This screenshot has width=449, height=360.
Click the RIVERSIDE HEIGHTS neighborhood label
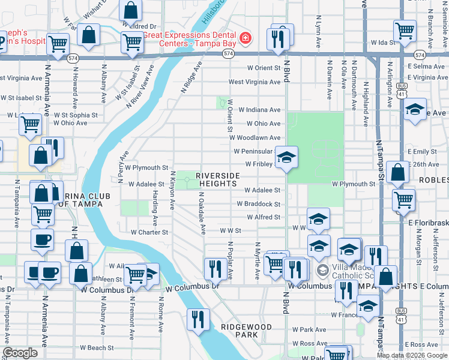click(218, 179)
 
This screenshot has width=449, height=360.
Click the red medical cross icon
click(245, 39)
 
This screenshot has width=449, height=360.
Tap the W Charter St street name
click(149, 232)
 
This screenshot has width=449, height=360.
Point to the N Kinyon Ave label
click(172, 190)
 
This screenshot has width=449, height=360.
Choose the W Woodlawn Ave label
click(256, 137)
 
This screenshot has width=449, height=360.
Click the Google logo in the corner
click(20, 353)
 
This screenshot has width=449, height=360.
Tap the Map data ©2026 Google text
click(412, 355)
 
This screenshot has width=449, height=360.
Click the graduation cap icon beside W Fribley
click(287, 158)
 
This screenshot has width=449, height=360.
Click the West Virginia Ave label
click(255, 82)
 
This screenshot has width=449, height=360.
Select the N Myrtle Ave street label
click(256, 261)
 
